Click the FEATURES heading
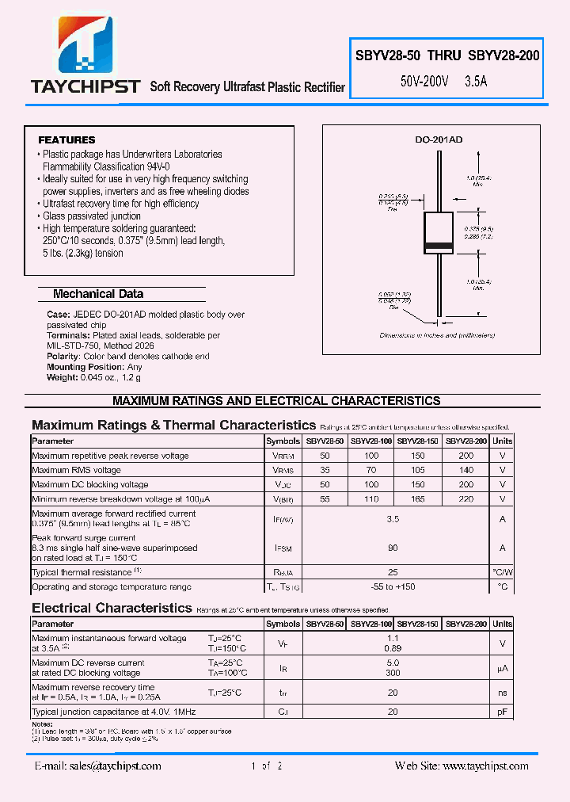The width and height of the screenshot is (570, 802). coord(66,140)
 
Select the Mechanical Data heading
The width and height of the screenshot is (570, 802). coord(98,294)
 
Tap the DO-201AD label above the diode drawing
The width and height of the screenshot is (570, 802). coord(439,139)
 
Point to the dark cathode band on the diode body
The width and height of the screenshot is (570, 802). coord(437,244)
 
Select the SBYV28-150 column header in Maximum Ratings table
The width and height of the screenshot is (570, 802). coord(417,441)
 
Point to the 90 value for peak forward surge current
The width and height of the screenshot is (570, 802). coord(393,548)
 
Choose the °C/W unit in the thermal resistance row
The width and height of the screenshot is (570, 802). coord(502,572)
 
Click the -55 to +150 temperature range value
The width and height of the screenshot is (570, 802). coord(393,587)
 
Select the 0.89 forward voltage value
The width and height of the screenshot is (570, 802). coord(393,648)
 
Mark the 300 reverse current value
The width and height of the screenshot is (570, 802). coord(393,673)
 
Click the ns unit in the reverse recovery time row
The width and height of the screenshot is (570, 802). coord(502,693)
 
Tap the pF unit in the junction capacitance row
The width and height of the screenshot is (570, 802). coord(502,712)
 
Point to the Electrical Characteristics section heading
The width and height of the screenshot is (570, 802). coord(112,608)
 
